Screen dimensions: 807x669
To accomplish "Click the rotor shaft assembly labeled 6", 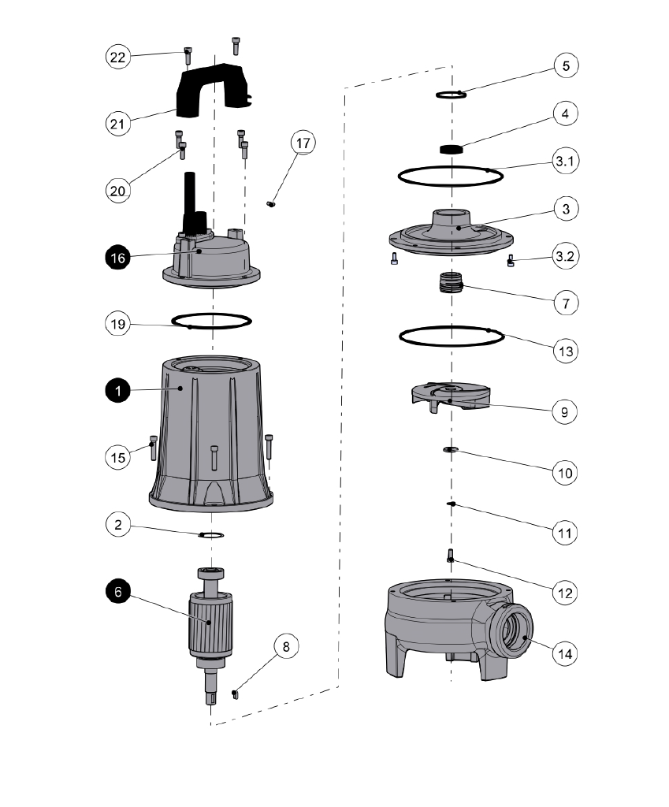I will pos(208,623).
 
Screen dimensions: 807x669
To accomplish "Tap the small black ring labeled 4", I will pos(451,149).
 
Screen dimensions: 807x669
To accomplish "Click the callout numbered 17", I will pos(303,143).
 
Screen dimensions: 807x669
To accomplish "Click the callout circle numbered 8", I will pos(286,647).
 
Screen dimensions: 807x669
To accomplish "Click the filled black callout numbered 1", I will pos(117,389).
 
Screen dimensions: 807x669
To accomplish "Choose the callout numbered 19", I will pos(117,323).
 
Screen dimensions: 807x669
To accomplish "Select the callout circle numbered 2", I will pos(117,525).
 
